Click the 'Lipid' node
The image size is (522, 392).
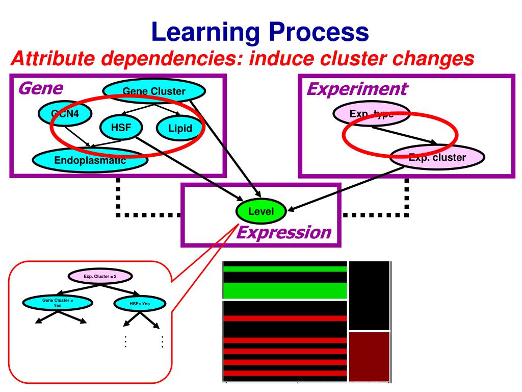pyautogui.click(x=180, y=128)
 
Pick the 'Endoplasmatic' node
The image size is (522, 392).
pyautogui.click(x=90, y=161)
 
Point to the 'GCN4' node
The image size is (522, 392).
pyautogui.click(x=64, y=112)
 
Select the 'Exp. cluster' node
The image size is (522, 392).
pyautogui.click(x=437, y=158)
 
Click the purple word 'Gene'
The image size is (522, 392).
pyautogui.click(x=40, y=89)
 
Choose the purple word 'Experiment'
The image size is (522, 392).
pyautogui.click(x=356, y=89)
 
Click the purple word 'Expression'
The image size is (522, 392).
pyautogui.click(x=284, y=233)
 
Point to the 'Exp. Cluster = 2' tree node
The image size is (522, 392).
pyautogui.click(x=100, y=276)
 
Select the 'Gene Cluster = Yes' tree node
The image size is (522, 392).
pyautogui.click(x=58, y=303)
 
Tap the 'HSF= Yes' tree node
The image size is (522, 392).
pyautogui.click(x=139, y=304)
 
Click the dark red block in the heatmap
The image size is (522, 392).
pyautogui.click(x=369, y=356)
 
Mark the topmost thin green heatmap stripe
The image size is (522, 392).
pyautogui.click(x=284, y=268)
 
